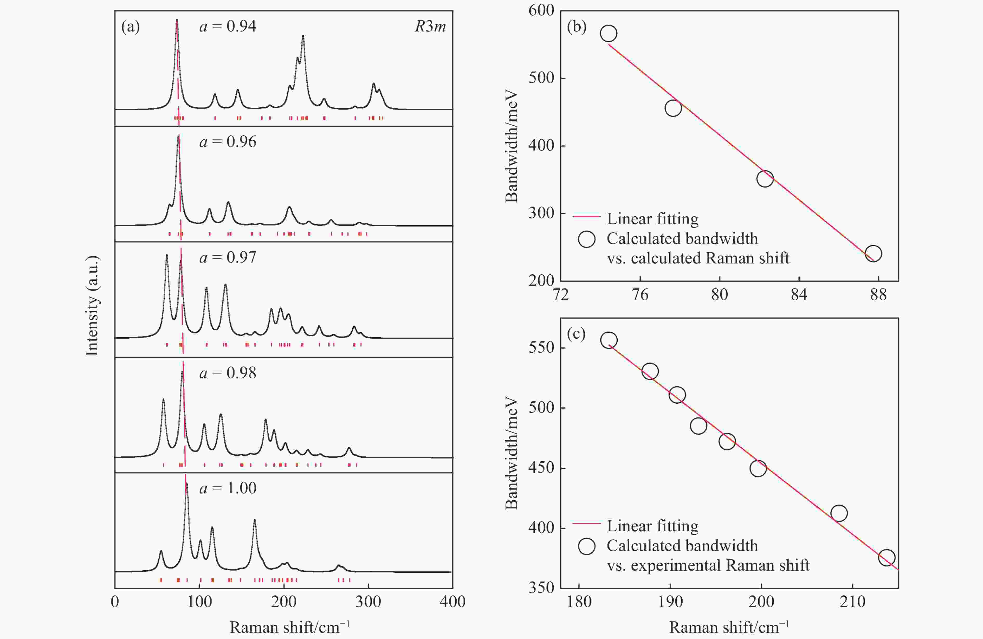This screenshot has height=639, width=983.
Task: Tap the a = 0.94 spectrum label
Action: point(228,27)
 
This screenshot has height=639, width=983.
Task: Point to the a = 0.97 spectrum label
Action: point(228,258)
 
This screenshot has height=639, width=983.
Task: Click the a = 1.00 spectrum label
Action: point(228,488)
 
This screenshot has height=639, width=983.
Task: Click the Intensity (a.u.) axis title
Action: point(93,306)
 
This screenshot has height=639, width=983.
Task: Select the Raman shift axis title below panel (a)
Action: point(289,627)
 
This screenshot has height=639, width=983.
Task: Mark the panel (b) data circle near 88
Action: point(873,253)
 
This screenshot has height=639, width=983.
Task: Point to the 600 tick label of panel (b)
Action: point(541,10)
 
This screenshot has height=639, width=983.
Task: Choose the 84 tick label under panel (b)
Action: point(799,294)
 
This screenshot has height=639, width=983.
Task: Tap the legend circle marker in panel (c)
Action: point(586,546)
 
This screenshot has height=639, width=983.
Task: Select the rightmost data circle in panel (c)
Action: point(887,558)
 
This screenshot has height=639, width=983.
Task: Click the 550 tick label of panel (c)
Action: point(541,347)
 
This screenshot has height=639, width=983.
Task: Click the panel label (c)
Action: point(576,334)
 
